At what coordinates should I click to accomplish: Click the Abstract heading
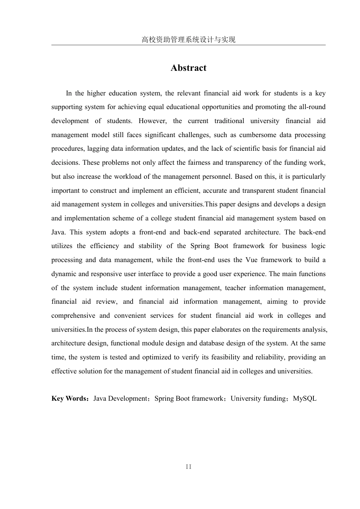pos(188,68)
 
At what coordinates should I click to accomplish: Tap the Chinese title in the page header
pos(188,39)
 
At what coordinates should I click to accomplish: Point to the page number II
pos(188,467)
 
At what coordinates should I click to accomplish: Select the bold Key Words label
pos(70,398)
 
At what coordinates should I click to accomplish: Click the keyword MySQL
pos(305,398)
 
